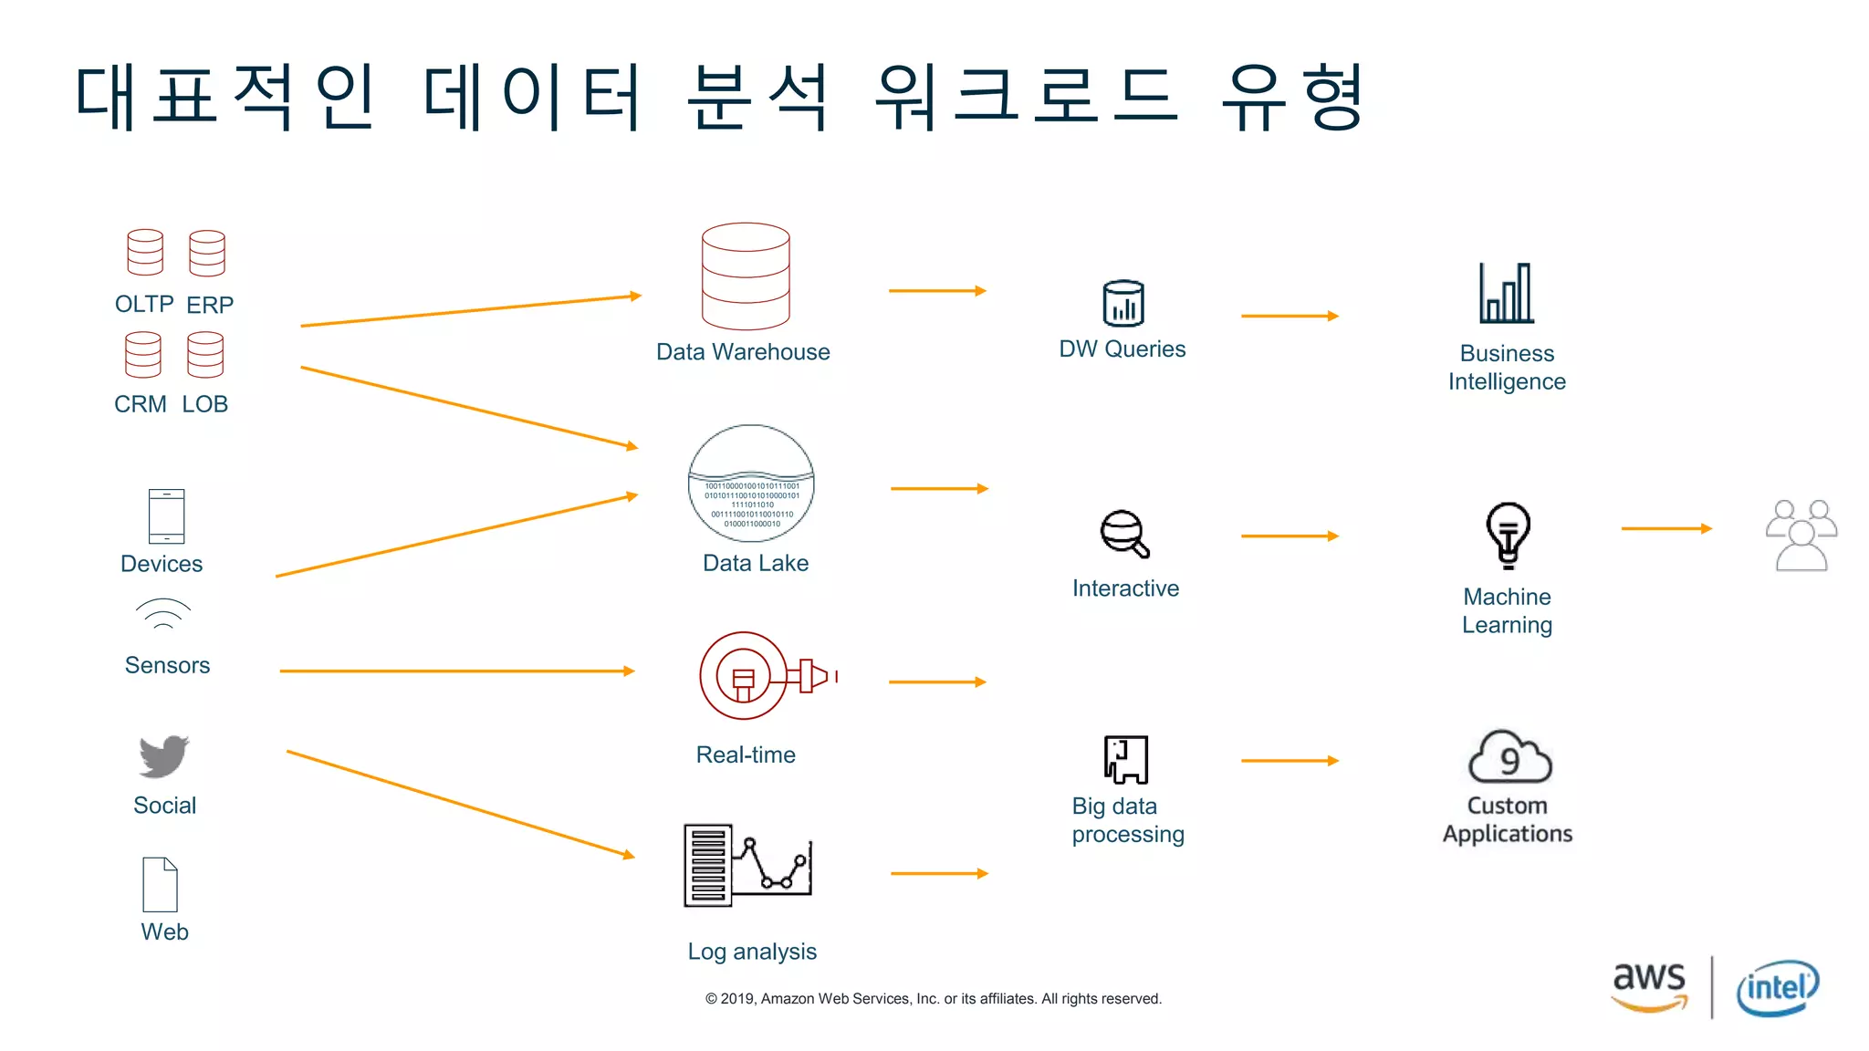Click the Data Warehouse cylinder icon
tap(746, 276)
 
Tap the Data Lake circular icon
tap(751, 484)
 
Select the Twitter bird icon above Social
tap(164, 756)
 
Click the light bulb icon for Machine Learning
tap(1508, 535)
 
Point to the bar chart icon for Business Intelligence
tap(1507, 294)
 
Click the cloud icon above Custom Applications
tap(1509, 756)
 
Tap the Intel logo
tap(1777, 988)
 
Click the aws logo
tap(1649, 985)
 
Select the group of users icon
tap(1801, 536)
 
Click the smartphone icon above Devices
tap(166, 516)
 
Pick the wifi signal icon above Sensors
tap(163, 614)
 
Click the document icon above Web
tap(160, 884)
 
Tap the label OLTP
tap(144, 304)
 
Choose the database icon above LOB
tap(205, 354)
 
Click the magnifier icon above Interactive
tap(1124, 534)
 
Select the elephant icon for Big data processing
tap(1125, 759)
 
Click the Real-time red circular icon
tap(744, 676)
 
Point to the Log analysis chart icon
tap(747, 865)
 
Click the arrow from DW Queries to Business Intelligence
tap(1290, 316)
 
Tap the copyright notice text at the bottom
tap(933, 999)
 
